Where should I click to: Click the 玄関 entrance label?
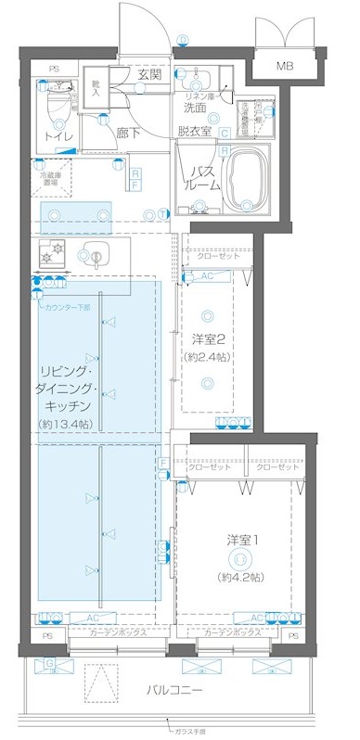coord(150,74)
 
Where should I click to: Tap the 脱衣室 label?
coord(196,132)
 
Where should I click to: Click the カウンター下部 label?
coord(67,307)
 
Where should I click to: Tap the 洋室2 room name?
coord(216,339)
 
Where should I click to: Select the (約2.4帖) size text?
coord(216,357)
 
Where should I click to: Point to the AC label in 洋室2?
coord(208,277)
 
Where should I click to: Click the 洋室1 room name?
coord(239,539)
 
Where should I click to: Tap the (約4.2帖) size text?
coord(239,577)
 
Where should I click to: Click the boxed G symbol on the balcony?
coord(50,663)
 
